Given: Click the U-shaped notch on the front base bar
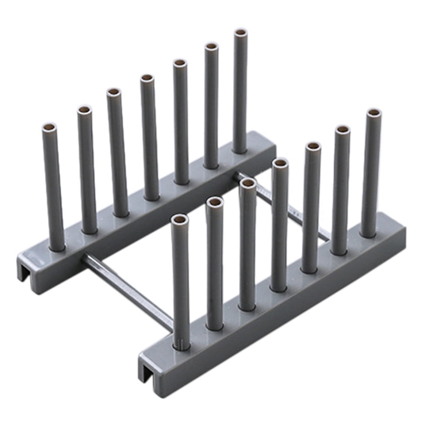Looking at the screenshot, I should click(x=147, y=371).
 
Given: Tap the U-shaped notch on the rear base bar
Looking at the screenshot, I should click(x=25, y=272).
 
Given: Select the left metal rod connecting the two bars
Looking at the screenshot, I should click(x=126, y=288).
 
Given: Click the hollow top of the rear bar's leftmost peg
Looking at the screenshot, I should click(x=49, y=128).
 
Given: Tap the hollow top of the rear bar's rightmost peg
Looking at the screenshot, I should click(x=240, y=33).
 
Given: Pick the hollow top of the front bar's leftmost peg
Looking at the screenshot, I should click(x=179, y=219).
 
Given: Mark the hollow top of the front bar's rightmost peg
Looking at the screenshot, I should click(x=373, y=113).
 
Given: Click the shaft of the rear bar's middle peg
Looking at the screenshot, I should click(x=149, y=140).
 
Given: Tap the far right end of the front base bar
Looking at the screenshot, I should click(x=399, y=235).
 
